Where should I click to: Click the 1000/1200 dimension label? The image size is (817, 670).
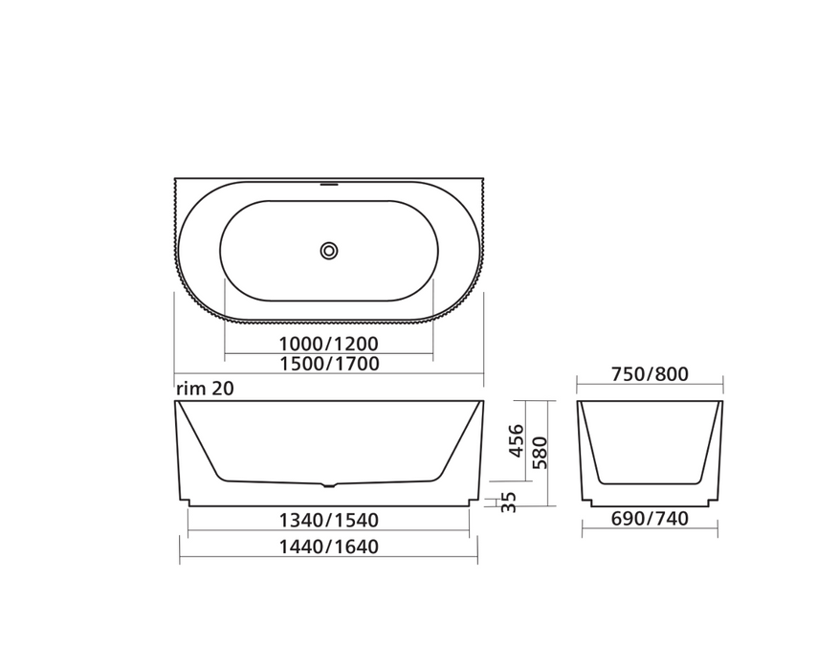[x=328, y=344]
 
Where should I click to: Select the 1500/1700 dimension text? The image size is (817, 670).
[x=328, y=364]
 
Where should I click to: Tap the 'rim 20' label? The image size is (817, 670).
[x=205, y=388]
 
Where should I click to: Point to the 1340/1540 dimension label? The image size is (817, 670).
[x=328, y=521]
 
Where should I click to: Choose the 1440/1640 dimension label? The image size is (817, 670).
[x=328, y=547]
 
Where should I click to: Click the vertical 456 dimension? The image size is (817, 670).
[x=516, y=440]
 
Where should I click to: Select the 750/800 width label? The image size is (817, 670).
[x=650, y=374]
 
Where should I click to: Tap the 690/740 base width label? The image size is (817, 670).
[x=650, y=519]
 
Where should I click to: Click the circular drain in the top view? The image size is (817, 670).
[x=329, y=251]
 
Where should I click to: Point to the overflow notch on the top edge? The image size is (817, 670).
[x=328, y=180]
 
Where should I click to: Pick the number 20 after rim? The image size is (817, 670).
[x=223, y=388]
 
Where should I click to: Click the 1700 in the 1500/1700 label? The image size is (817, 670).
[x=357, y=364]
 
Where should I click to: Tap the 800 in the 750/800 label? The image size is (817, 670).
[x=673, y=374]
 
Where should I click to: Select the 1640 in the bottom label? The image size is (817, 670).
[x=357, y=547]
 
